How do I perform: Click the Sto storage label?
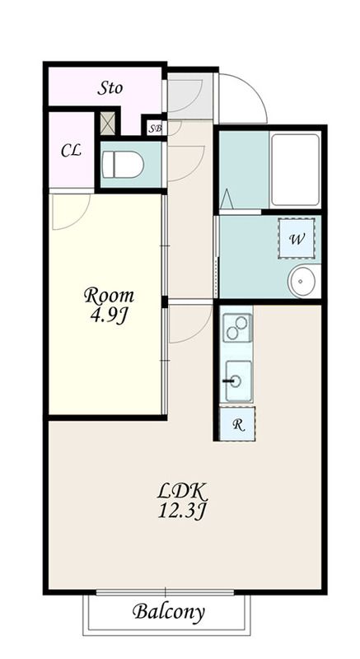click(110, 88)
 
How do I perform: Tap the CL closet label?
click(71, 151)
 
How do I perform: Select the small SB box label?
click(155, 129)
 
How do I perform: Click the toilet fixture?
click(123, 164)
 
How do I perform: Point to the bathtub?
click(295, 170)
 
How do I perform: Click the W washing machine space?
click(297, 239)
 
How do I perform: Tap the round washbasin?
click(302, 281)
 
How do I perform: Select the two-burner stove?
click(237, 328)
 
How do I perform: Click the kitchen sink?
click(238, 381)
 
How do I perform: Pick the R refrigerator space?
click(237, 423)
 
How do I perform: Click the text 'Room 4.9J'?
click(109, 305)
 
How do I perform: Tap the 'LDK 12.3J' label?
click(182, 501)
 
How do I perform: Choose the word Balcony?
click(168, 611)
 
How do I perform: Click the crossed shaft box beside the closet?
click(108, 123)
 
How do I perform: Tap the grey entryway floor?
click(189, 96)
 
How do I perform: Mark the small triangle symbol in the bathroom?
click(227, 199)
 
